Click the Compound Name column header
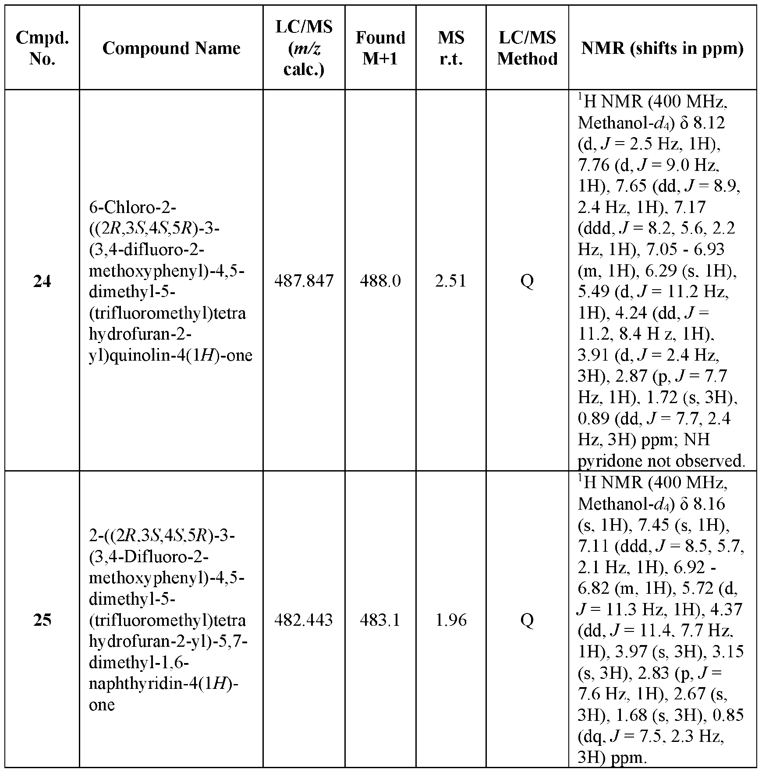click(171, 48)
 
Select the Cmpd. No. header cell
click(42, 48)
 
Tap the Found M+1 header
click(380, 48)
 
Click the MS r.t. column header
click(451, 48)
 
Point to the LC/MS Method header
click(527, 48)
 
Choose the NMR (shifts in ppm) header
click(662, 48)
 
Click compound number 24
click(42, 281)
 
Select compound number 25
click(42, 620)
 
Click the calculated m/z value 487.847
click(304, 281)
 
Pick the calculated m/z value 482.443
click(304, 620)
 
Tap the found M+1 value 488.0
click(380, 281)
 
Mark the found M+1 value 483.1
click(380, 620)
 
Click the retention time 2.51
click(451, 281)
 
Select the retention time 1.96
click(451, 620)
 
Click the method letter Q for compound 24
click(527, 281)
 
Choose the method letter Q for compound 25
click(527, 620)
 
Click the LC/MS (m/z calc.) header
click(304, 48)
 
